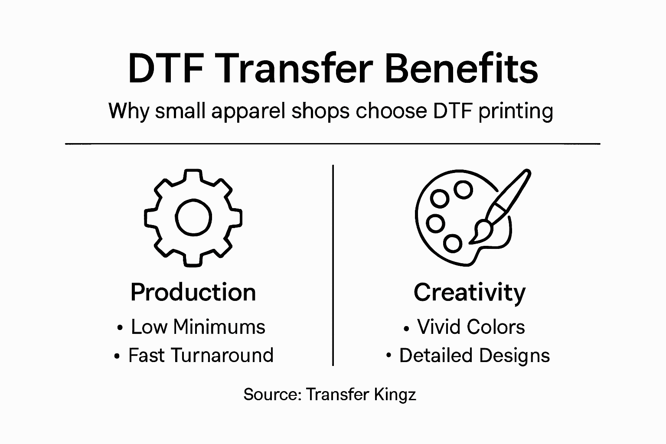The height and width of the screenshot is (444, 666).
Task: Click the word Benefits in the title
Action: pyautogui.click(x=461, y=69)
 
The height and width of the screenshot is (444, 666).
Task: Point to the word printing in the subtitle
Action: pyautogui.click(x=515, y=111)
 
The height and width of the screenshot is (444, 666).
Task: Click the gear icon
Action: pyautogui.click(x=193, y=217)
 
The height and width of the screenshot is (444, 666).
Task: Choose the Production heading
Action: pyautogui.click(x=193, y=292)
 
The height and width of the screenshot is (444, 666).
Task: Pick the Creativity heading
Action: pyautogui.click(x=469, y=292)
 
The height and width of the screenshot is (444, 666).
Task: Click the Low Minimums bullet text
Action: pyautogui.click(x=198, y=327)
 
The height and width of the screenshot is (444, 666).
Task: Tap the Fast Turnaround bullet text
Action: pyautogui.click(x=201, y=356)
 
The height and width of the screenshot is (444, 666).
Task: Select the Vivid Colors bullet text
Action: pyautogui.click(x=471, y=327)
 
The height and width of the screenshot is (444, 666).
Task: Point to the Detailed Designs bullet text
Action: pyautogui.click(x=474, y=356)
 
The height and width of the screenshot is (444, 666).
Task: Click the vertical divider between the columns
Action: pyautogui.click(x=333, y=264)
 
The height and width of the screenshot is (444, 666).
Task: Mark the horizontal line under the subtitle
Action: pyautogui.click(x=333, y=143)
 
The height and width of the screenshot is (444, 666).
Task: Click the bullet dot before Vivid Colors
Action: pyautogui.click(x=406, y=330)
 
